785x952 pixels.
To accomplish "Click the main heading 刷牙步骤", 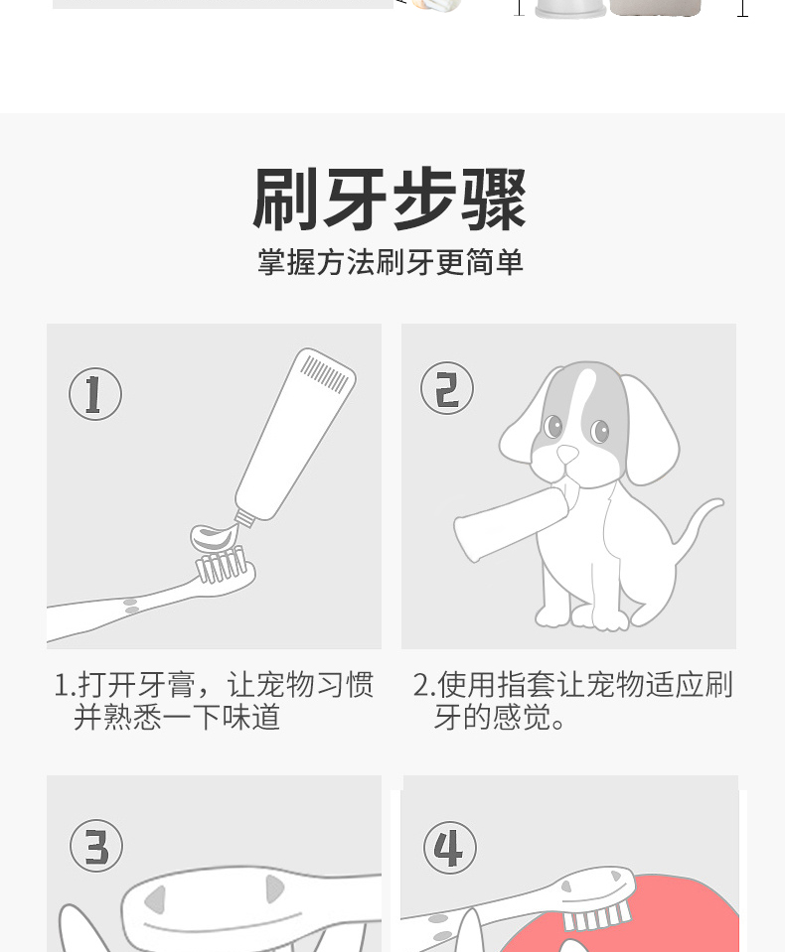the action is coord(390,200).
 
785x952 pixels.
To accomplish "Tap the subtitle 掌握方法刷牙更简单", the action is coord(391,262).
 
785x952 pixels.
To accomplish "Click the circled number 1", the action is coord(95,393).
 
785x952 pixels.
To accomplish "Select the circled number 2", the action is coord(447,388).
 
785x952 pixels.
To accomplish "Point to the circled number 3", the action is coord(96,846).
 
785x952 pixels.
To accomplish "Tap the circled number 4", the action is coord(449,848).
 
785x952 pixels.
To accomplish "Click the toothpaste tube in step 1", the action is coord(295,436).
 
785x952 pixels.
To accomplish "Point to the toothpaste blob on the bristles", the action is coord(215,536).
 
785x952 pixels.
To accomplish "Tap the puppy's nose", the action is coord(567,453).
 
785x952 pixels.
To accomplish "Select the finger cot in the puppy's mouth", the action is coord(514,523).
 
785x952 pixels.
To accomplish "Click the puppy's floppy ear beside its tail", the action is coord(650,428).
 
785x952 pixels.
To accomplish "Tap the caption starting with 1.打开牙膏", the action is coord(214,700).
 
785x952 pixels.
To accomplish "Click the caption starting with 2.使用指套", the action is coord(573,700).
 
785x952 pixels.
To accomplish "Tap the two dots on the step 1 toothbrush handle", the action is coord(130,606).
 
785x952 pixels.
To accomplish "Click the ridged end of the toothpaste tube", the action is coord(326,372).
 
